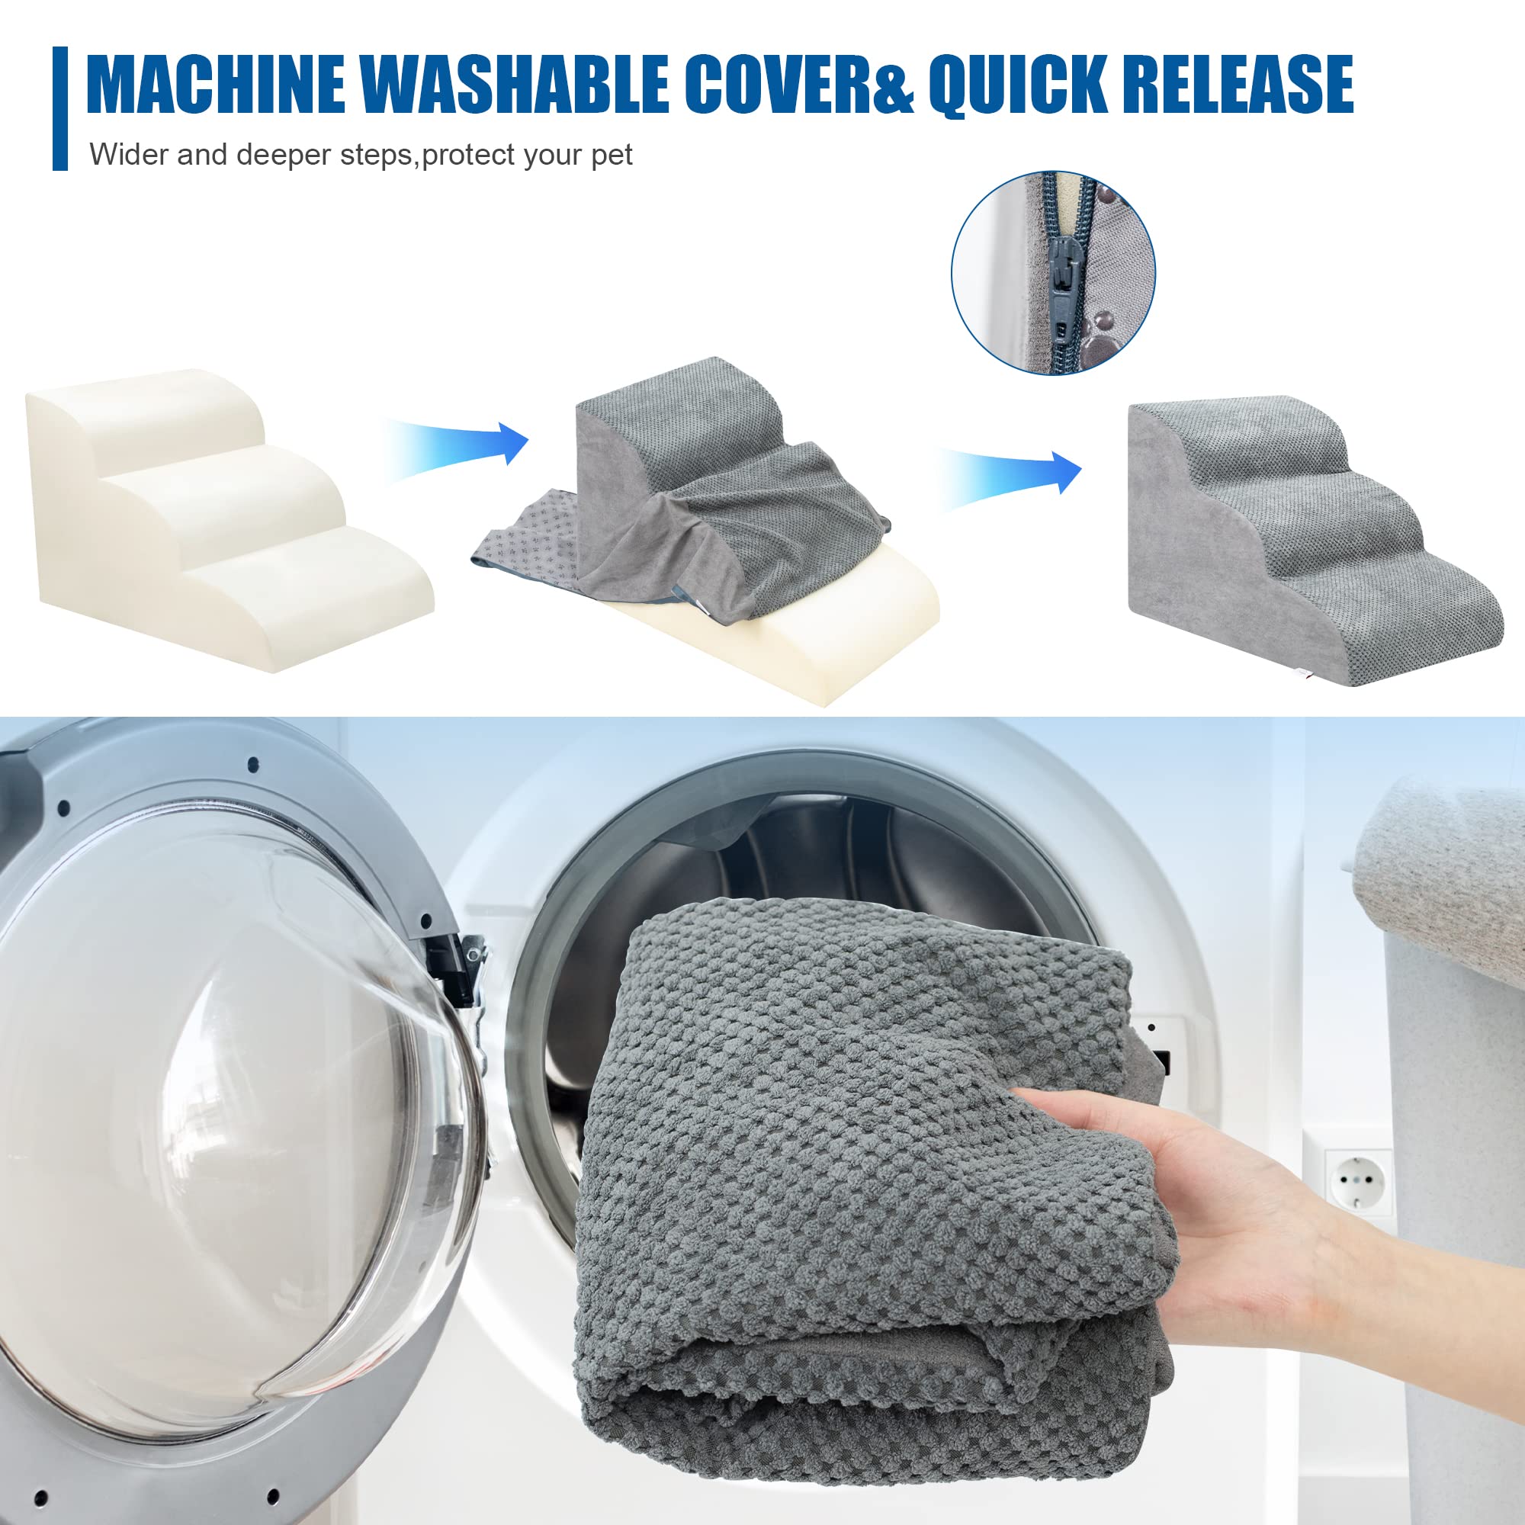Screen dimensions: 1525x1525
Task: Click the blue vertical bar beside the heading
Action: click(x=60, y=108)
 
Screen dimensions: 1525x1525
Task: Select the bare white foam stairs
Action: click(x=229, y=518)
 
